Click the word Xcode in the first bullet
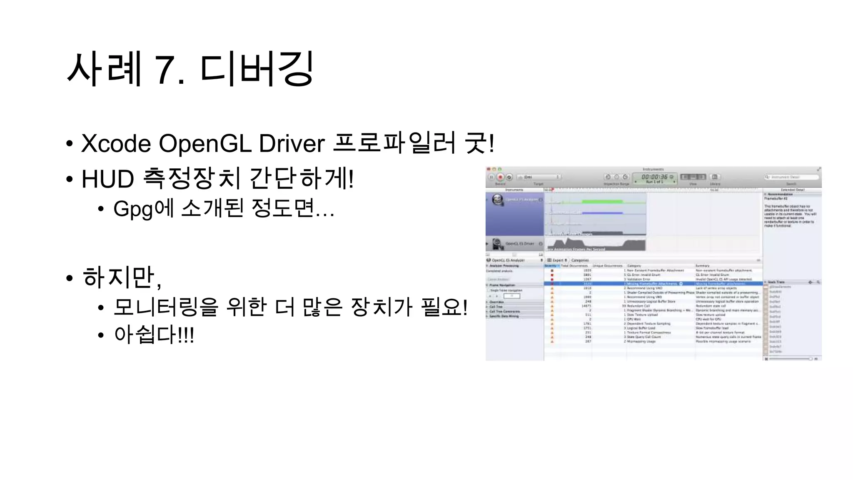116,144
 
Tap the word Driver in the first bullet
292,144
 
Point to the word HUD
107,179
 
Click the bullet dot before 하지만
70,278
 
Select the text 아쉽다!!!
154,335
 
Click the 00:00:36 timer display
654,177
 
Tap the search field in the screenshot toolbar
791,177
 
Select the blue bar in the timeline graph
602,213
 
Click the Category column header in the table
634,266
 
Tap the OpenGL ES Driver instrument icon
497,243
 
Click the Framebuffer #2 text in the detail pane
776,199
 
